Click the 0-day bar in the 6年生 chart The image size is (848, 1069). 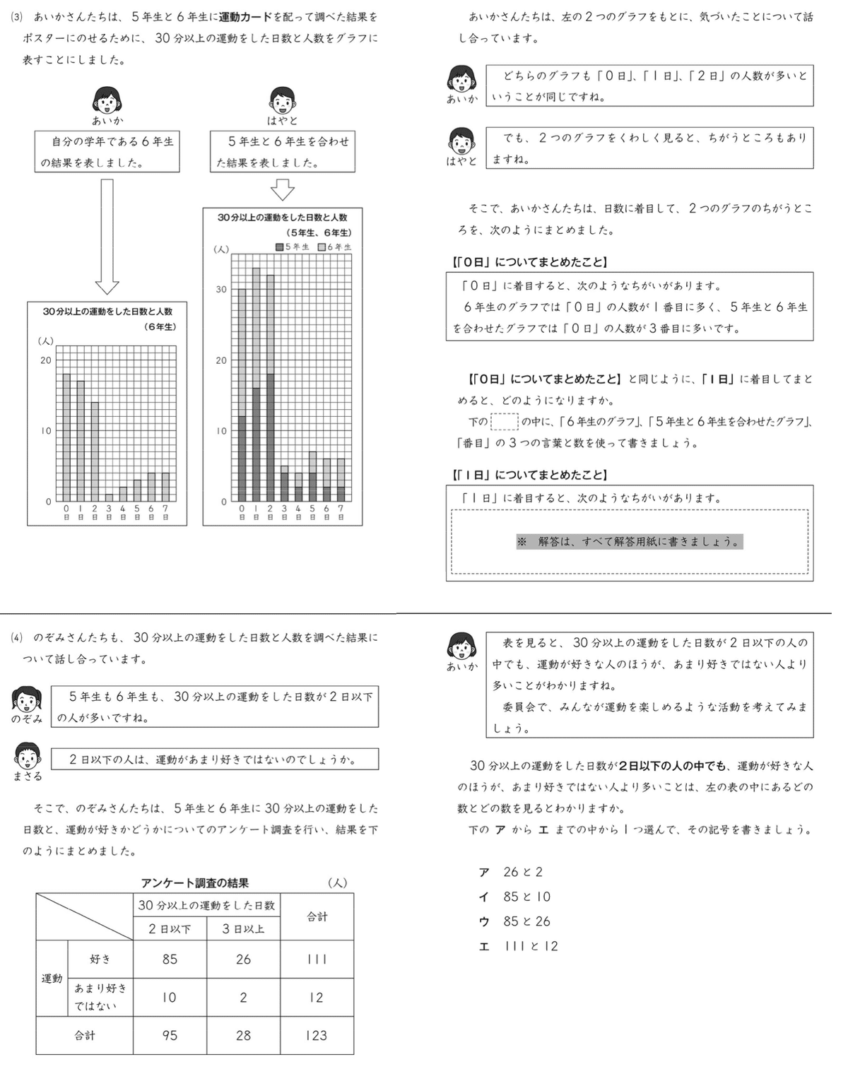tap(66, 437)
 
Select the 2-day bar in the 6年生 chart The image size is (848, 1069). tap(95, 451)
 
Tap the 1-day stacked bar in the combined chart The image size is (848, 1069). tap(256, 384)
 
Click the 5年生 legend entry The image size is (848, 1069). tap(293, 247)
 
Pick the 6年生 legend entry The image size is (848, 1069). tap(334, 247)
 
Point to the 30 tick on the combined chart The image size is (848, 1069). tap(221, 289)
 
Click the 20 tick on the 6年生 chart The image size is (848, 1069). tap(46, 360)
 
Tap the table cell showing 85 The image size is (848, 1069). tap(170, 959)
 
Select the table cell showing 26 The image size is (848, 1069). tap(243, 959)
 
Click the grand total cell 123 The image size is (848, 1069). tap(317, 1035)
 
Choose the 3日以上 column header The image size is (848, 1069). tap(243, 928)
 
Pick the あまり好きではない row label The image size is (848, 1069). tap(100, 996)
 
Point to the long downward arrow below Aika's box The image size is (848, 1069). tap(107, 236)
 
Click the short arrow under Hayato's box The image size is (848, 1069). tap(282, 189)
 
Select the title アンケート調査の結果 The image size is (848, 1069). tap(194, 882)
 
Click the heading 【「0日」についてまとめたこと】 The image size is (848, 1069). tap(529, 262)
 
